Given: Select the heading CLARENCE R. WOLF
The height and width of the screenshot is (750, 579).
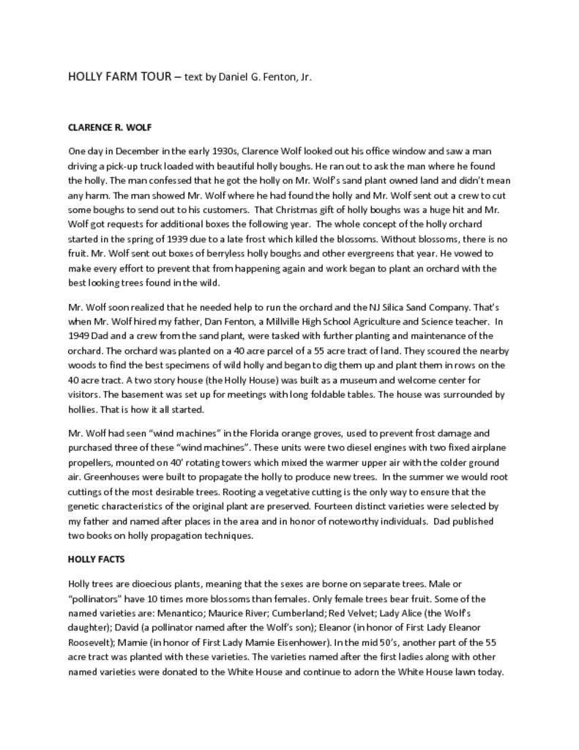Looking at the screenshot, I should click(x=110, y=127).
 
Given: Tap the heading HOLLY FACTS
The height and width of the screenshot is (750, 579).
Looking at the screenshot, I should click(x=96, y=559).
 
